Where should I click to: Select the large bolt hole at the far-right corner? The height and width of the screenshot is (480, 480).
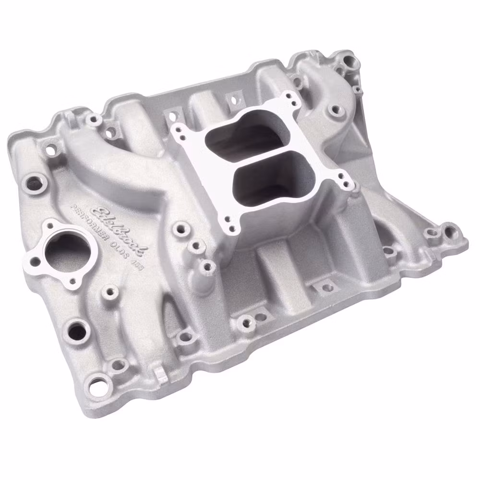(x=451, y=232)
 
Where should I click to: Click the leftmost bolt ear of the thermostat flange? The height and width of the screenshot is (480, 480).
(x=35, y=262)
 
